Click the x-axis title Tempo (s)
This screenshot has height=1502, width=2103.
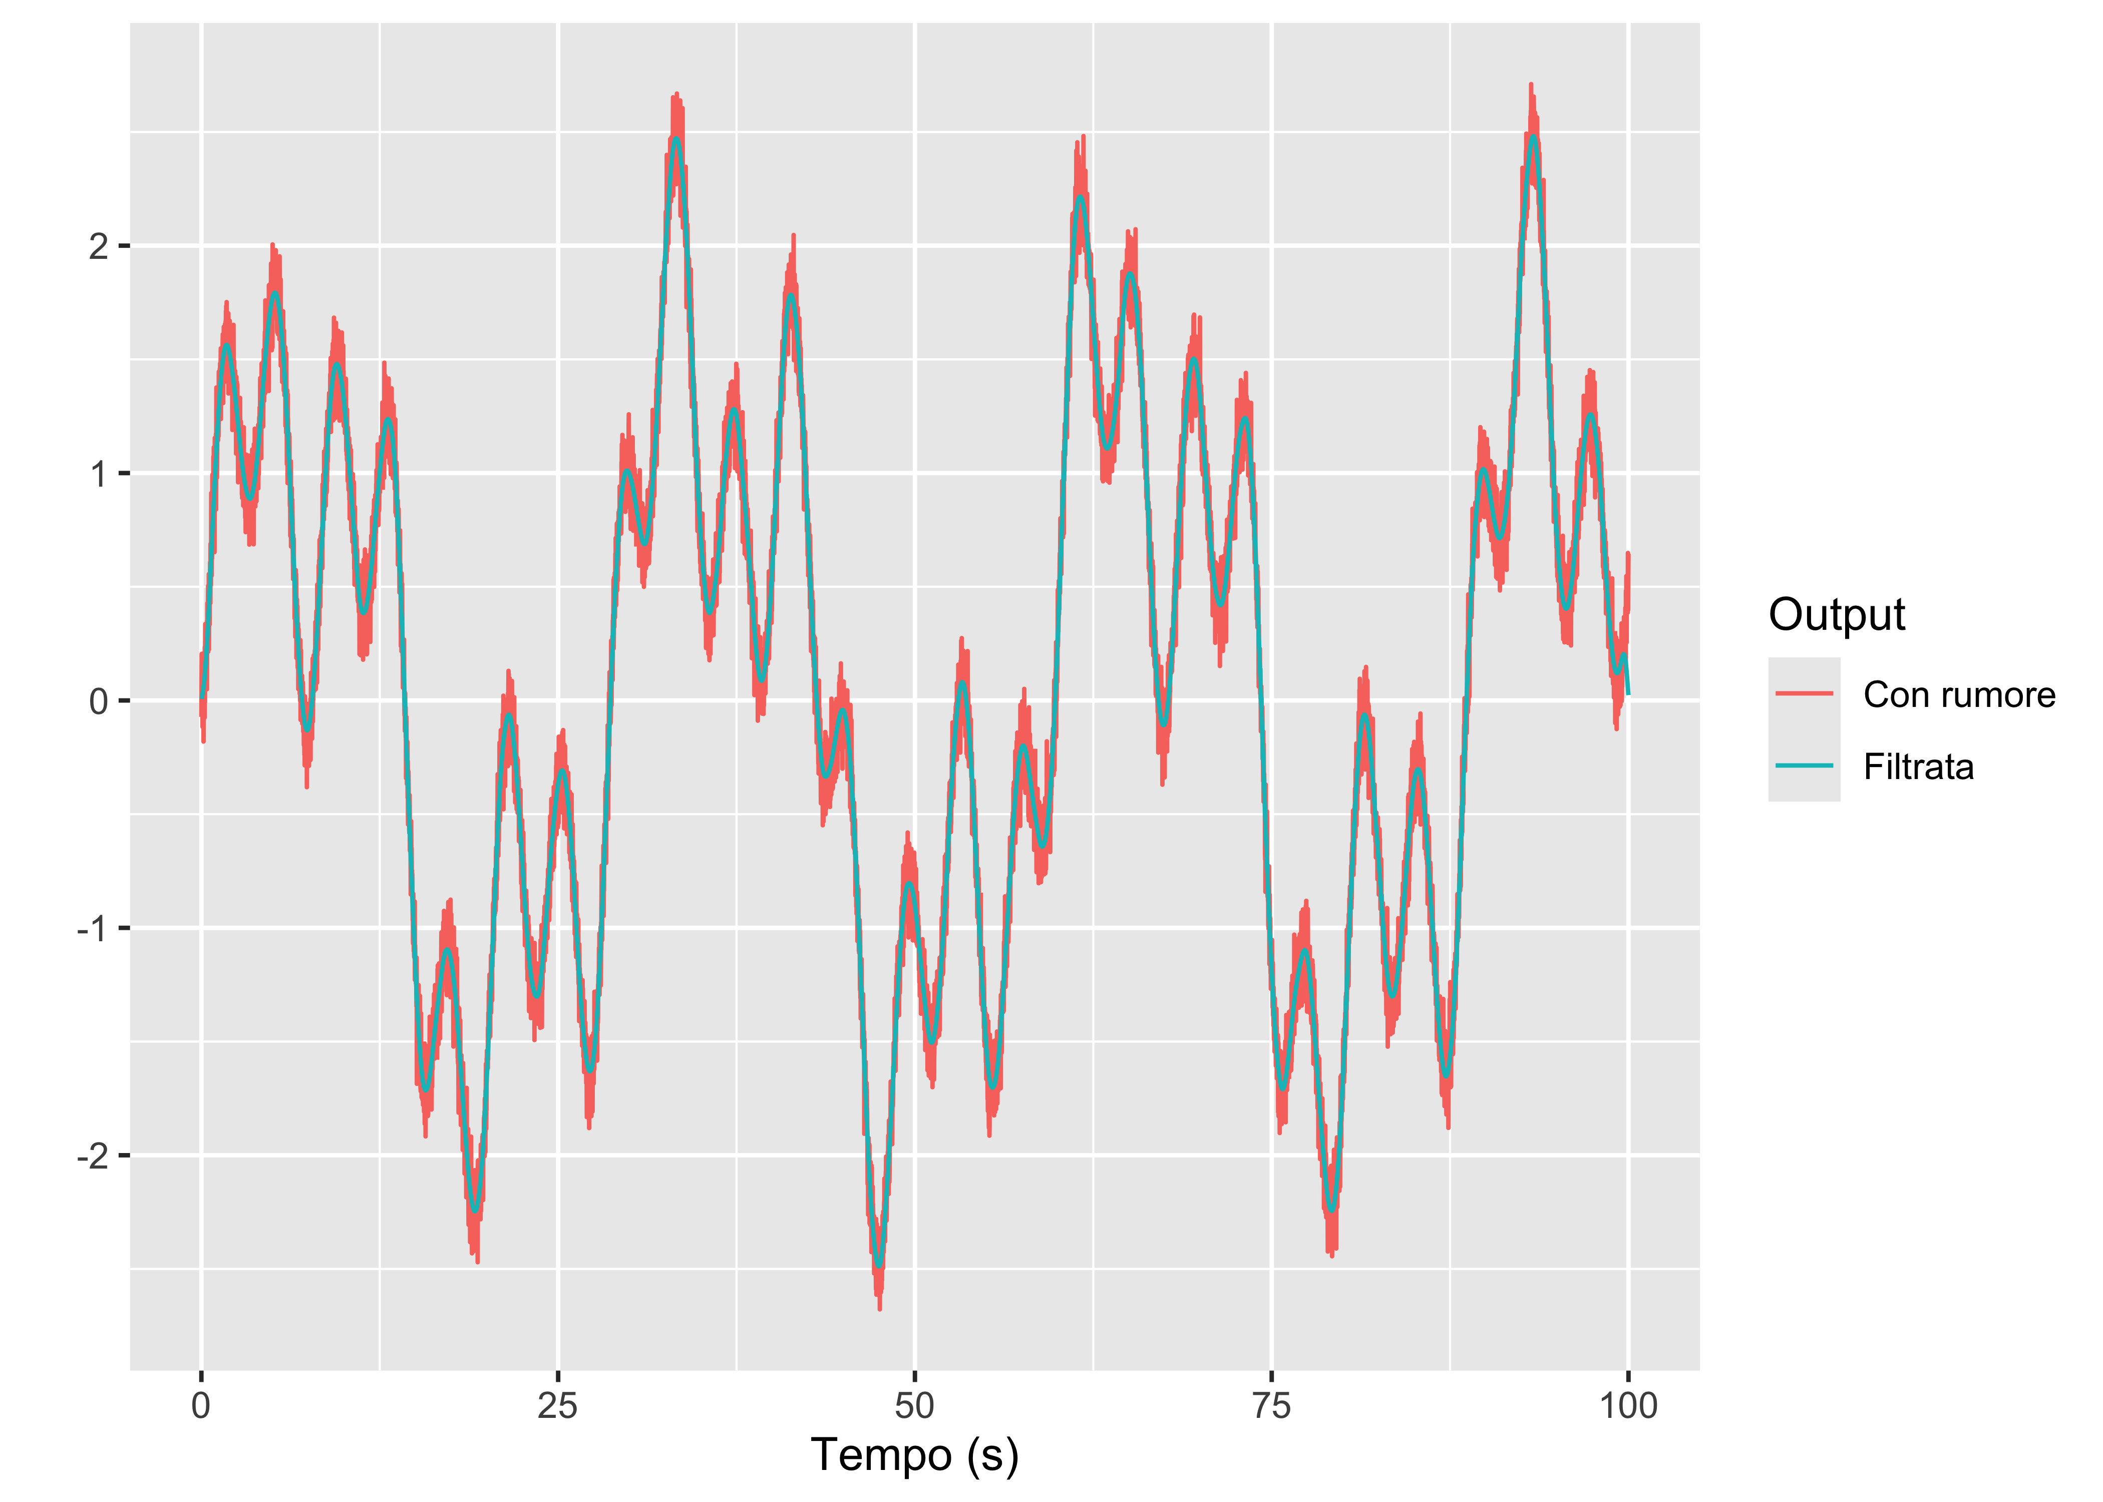pos(914,1455)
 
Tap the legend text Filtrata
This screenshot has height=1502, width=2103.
pos(1918,767)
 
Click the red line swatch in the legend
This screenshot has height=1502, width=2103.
pos(1804,693)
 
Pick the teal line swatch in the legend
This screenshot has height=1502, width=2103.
pos(1804,766)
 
